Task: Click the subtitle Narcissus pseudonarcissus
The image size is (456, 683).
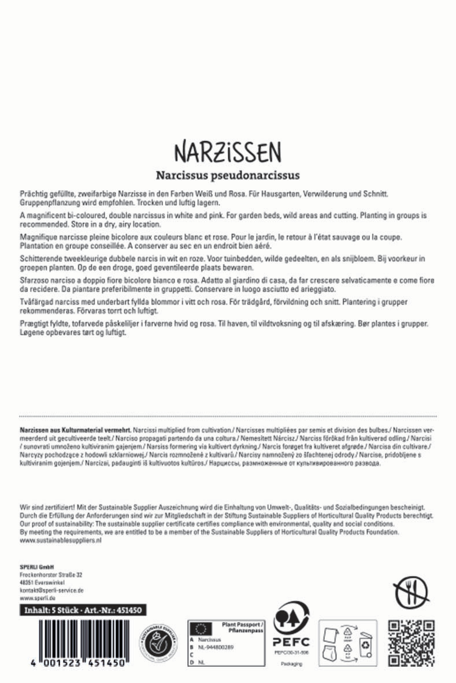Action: click(228, 174)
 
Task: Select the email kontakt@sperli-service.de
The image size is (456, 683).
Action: click(52, 590)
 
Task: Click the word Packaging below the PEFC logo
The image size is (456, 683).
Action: click(292, 663)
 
